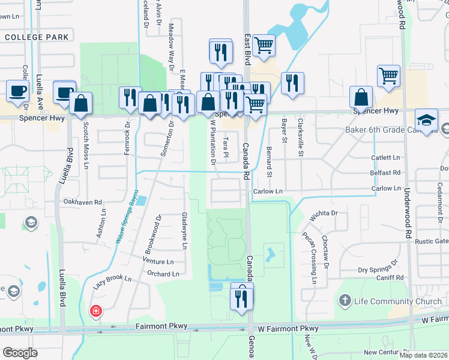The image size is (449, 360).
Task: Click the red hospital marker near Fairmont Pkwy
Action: [x=95, y=311]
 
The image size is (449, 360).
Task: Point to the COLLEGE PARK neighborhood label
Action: [x=37, y=37]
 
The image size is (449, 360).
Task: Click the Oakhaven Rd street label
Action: [x=83, y=202]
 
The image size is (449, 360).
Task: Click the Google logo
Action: [x=20, y=353]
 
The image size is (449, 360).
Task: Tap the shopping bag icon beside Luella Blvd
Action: [x=80, y=103]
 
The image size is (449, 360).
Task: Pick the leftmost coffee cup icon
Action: [x=17, y=91]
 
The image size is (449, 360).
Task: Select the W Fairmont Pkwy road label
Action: [x=288, y=329]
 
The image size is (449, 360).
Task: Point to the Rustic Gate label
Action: [x=432, y=241]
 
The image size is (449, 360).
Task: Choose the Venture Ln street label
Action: [x=158, y=262]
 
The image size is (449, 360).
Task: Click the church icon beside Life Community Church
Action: [x=345, y=300]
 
